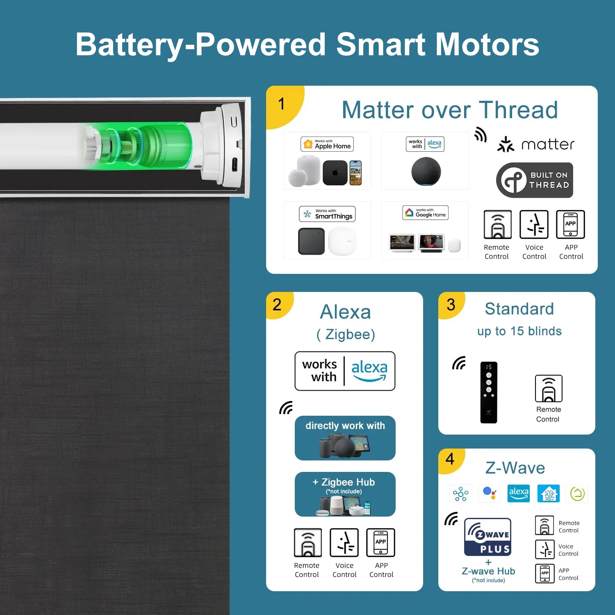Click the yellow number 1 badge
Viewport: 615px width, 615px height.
[282, 104]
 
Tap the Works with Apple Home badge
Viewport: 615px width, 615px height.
[327, 144]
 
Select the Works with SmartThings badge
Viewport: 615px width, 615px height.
[327, 214]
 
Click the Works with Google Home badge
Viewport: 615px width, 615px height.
[425, 213]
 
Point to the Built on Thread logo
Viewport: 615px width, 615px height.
[535, 180]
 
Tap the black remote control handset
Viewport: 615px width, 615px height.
[489, 392]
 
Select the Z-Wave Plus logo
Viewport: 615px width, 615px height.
[487, 537]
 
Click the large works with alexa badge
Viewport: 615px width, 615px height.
[345, 371]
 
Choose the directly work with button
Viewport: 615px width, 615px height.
[345, 438]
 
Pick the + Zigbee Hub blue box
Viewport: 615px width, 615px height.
[345, 494]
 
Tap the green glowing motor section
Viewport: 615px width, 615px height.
[164, 146]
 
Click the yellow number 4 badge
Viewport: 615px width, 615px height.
[450, 459]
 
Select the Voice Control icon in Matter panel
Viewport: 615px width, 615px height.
[534, 225]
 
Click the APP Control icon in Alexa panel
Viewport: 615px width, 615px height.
[380, 543]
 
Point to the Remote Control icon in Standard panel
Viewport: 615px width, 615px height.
[549, 389]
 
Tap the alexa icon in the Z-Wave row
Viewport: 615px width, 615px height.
[519, 494]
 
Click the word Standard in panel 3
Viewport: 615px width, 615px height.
[519, 309]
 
